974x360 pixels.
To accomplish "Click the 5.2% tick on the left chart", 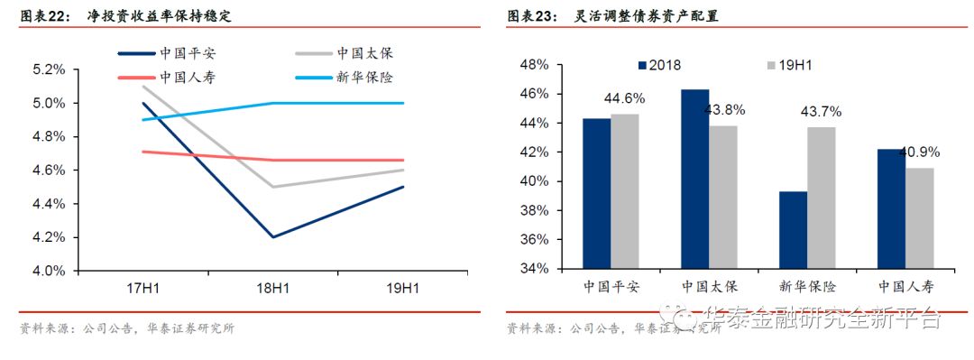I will click(x=49, y=69).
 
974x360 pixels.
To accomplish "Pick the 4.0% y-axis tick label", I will click(x=49, y=271).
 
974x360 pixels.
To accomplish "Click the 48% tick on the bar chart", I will click(x=536, y=65).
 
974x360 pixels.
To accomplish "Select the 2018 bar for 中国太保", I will click(x=694, y=179).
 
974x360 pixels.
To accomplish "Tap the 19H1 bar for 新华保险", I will click(x=821, y=198).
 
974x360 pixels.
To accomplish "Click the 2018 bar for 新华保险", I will click(x=793, y=230).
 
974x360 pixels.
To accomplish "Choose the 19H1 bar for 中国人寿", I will click(x=919, y=218).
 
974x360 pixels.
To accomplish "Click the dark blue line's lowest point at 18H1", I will click(x=273, y=237).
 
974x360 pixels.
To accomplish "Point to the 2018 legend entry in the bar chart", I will click(x=659, y=65).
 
